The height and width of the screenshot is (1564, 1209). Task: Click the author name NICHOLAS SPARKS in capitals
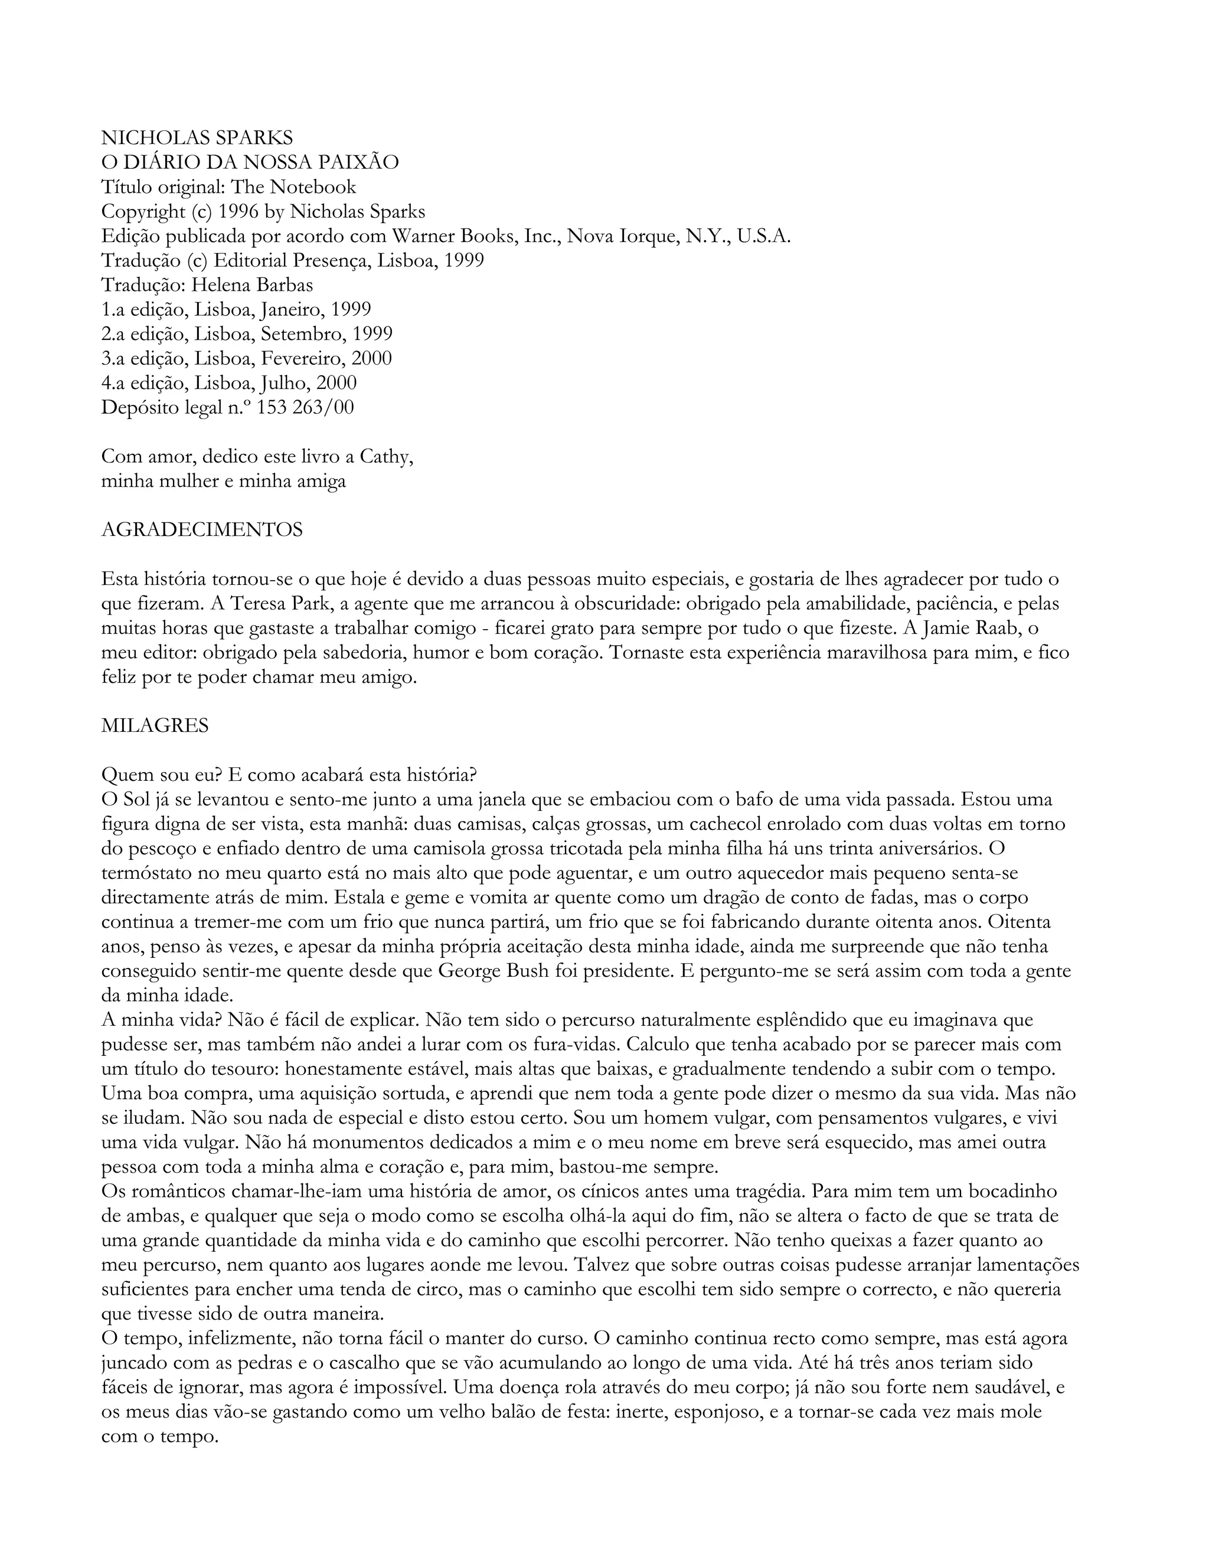pos(197,138)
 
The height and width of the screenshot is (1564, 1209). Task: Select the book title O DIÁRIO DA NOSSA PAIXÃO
pos(250,162)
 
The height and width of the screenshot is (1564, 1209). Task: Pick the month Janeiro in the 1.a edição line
pos(292,309)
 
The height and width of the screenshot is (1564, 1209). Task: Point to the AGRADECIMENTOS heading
pos(202,530)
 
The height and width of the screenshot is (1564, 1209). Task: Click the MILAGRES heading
pos(155,725)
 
